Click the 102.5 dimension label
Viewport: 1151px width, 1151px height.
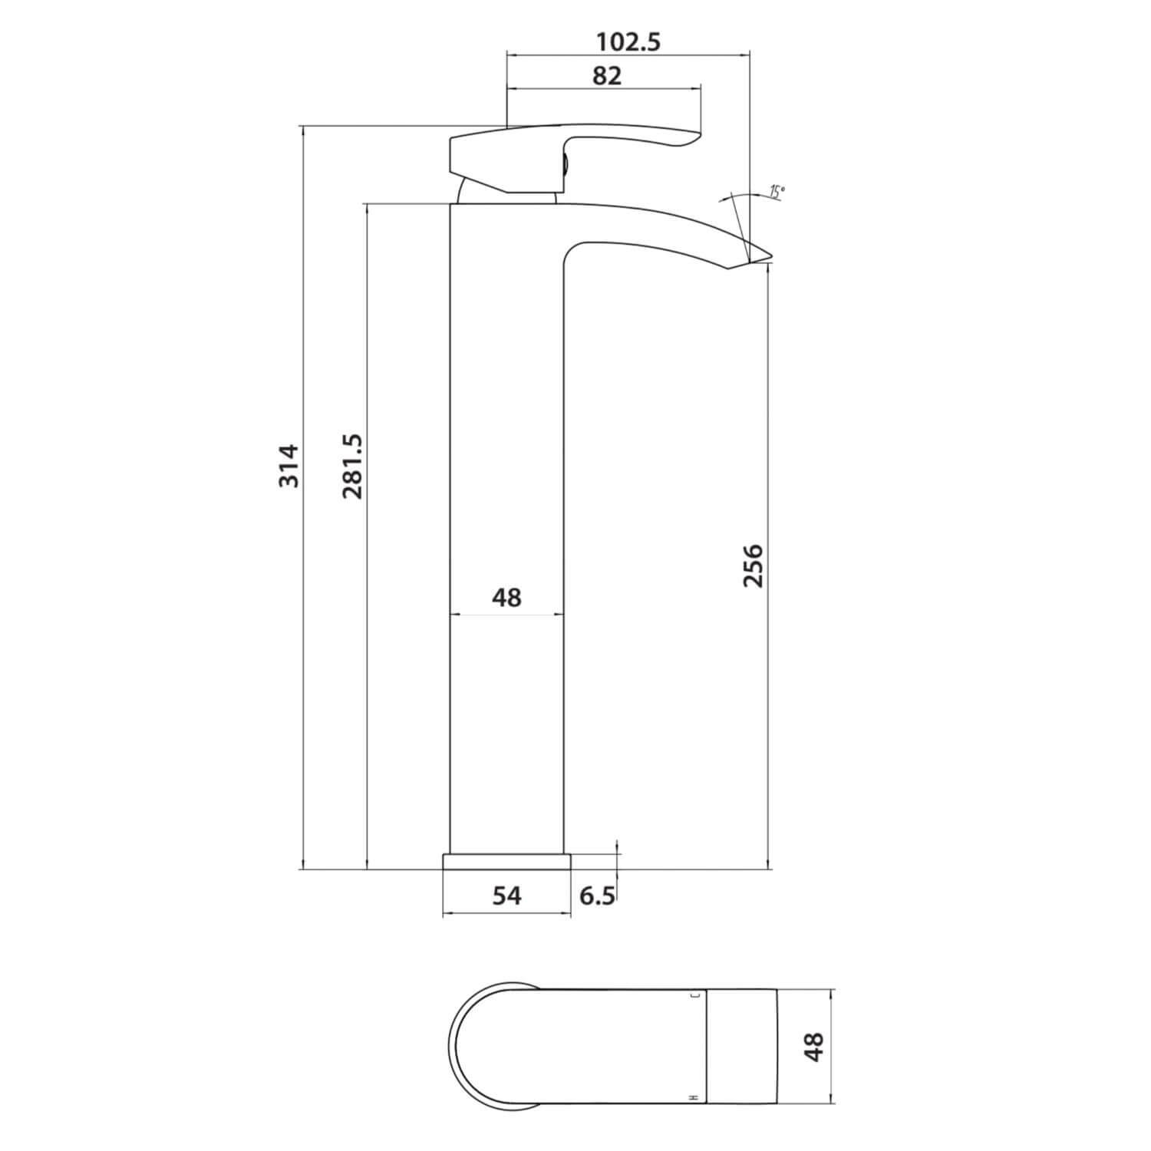click(x=628, y=41)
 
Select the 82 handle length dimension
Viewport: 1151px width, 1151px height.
click(x=606, y=76)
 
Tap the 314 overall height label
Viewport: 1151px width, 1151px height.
click(x=289, y=465)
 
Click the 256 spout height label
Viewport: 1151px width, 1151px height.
click(x=754, y=566)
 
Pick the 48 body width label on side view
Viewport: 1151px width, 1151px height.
click(x=506, y=597)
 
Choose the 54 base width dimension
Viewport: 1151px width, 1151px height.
click(x=506, y=895)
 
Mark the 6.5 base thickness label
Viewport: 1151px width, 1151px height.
click(x=597, y=895)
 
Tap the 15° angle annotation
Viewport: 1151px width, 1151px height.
click(x=777, y=192)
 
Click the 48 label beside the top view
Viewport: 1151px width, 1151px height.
click(x=813, y=1046)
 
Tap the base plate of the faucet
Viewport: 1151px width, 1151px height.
click(x=507, y=861)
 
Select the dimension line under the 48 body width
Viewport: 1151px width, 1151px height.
click(x=506, y=615)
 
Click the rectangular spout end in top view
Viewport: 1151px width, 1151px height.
click(x=741, y=1046)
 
